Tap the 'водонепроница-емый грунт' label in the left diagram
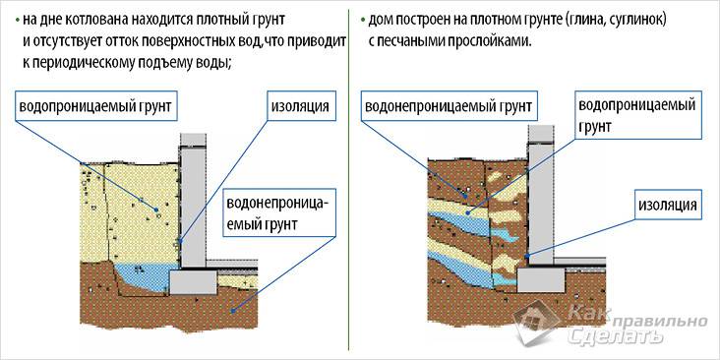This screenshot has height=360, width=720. pyautogui.click(x=280, y=214)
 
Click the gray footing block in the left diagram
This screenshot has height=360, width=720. pyautogui.click(x=194, y=281)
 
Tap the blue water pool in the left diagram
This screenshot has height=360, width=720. pyautogui.click(x=144, y=276)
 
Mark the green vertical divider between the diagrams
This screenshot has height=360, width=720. pyautogui.click(x=351, y=177)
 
